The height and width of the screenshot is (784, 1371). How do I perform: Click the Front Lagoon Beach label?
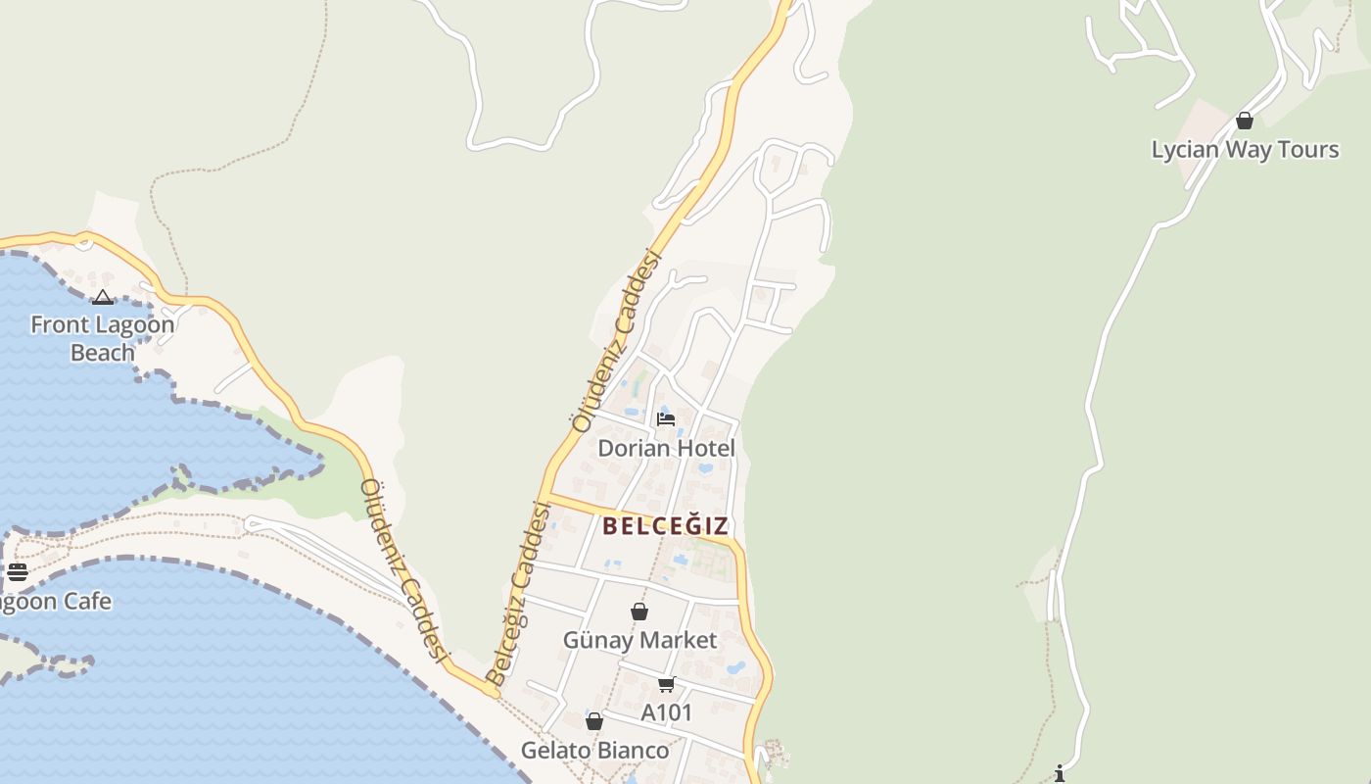point(102,338)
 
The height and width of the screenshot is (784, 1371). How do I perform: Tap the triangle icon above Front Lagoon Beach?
point(103,297)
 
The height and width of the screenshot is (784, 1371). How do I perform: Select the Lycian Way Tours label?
point(1245,150)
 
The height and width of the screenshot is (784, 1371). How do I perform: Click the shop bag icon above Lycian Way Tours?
point(1245,121)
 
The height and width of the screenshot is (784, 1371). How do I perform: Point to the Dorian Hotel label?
point(666,449)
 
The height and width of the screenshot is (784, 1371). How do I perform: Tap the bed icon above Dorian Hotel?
point(666,419)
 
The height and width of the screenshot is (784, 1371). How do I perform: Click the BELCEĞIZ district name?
point(666,526)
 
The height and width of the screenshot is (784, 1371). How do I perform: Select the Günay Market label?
point(639,641)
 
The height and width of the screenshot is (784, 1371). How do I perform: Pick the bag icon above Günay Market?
point(639,612)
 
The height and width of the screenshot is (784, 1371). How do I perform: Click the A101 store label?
point(667,713)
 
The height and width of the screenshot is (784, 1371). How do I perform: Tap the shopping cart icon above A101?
point(667,684)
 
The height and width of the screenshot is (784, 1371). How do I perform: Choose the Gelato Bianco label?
point(594,751)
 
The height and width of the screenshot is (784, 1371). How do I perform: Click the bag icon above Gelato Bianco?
point(594,722)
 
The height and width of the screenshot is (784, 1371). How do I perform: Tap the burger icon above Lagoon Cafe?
point(18,572)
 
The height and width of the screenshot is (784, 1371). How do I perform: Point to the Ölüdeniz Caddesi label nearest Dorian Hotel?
point(617,342)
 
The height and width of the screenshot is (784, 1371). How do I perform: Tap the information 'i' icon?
point(1060,774)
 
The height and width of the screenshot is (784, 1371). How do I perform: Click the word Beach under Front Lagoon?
point(102,353)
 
